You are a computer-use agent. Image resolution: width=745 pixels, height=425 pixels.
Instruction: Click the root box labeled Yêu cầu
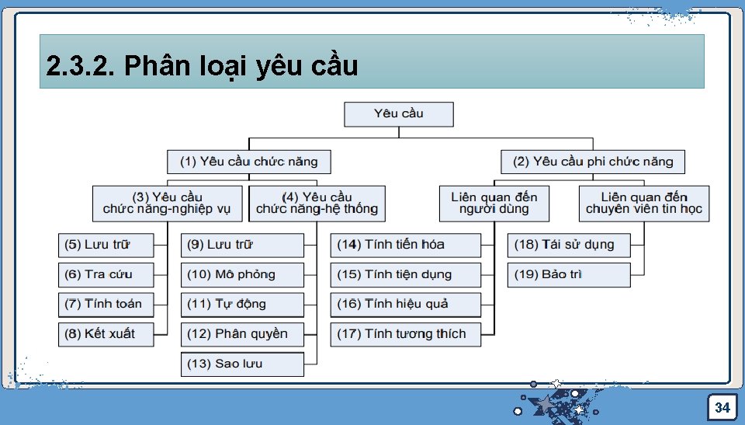(399, 114)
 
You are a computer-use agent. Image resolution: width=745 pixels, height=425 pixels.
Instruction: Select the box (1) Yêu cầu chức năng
(248, 162)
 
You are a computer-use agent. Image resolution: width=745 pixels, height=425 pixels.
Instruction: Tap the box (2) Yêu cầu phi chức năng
(593, 162)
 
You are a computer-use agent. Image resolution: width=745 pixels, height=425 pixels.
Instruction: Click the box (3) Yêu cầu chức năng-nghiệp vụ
(167, 203)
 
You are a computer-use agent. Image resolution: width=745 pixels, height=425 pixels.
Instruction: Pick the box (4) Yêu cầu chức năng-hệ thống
(317, 203)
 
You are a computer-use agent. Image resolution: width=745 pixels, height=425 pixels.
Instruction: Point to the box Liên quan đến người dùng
(494, 203)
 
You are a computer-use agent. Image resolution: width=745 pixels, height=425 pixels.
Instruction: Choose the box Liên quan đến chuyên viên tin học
(644, 203)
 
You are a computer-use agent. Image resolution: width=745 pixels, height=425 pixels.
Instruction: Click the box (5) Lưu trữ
(106, 245)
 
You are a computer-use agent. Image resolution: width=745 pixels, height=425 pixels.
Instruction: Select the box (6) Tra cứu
(106, 274)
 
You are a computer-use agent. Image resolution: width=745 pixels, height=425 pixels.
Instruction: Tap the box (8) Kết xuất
(106, 334)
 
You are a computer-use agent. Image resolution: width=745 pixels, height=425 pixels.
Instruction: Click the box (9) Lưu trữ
(242, 245)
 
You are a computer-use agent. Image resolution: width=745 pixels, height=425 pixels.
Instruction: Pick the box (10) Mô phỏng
(242, 274)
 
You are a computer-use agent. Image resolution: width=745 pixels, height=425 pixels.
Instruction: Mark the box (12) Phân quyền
(242, 334)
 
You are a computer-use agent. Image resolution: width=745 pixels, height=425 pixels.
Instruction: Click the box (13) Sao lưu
(242, 364)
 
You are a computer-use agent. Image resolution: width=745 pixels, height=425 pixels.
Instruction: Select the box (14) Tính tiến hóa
(405, 245)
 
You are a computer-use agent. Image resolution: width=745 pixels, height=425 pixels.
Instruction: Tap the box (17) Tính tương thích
(405, 334)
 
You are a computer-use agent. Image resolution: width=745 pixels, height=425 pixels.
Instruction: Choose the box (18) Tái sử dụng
(569, 245)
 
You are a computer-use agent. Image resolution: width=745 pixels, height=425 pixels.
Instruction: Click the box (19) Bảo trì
(569, 274)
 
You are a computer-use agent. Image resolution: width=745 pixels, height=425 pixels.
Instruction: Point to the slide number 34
(722, 408)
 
